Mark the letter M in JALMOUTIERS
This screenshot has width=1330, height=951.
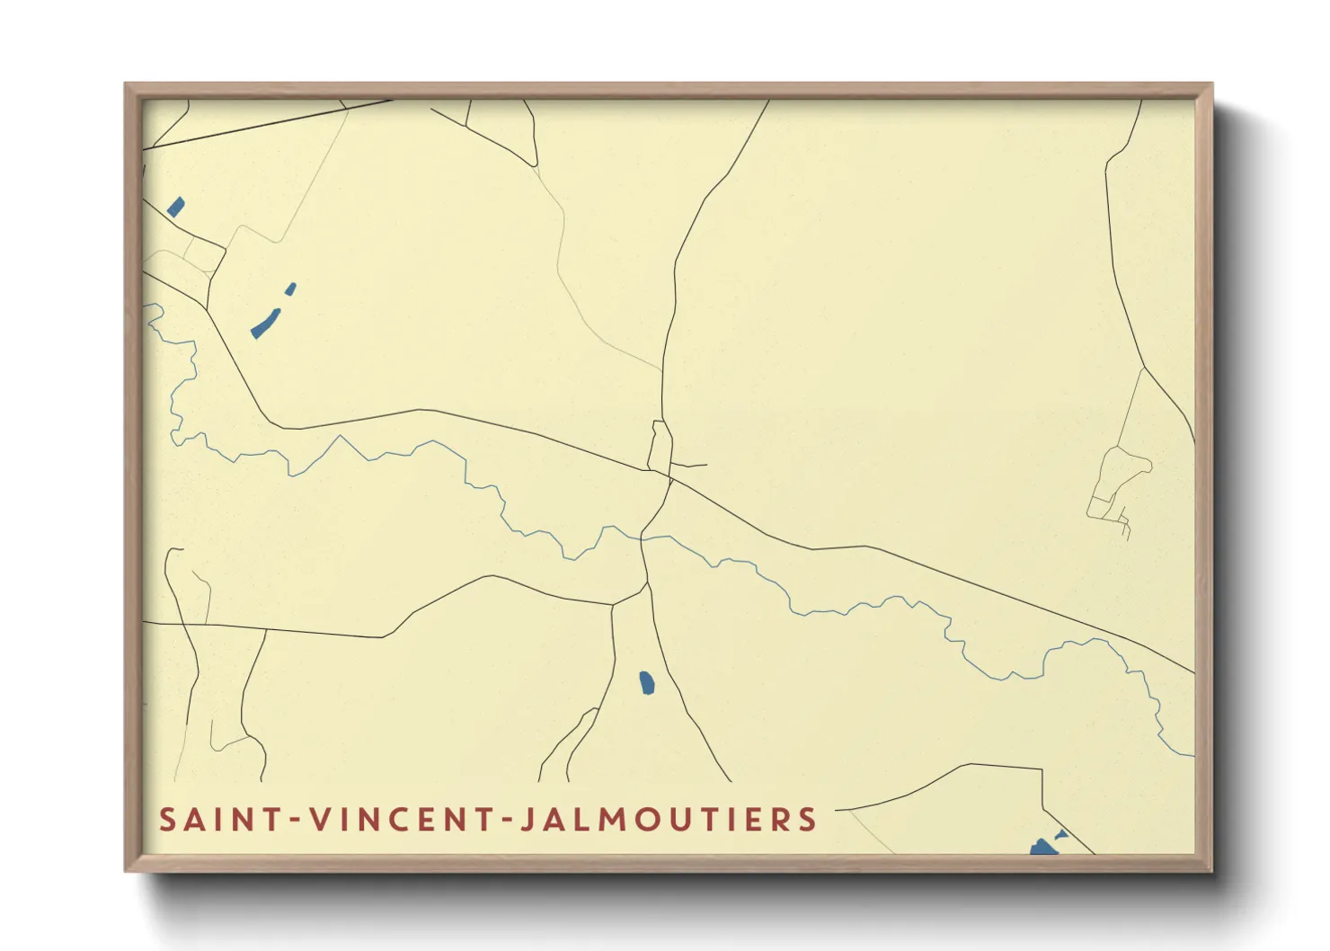(x=617, y=820)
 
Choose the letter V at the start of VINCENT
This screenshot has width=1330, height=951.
(x=317, y=820)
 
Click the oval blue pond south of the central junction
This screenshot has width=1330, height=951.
(x=646, y=683)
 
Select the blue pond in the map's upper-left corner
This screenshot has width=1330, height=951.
(x=175, y=208)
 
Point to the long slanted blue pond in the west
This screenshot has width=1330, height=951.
(x=265, y=324)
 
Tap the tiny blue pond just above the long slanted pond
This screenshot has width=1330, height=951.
(x=290, y=289)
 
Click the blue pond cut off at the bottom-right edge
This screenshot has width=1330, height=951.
(x=1043, y=847)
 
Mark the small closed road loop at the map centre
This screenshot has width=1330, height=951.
(x=661, y=447)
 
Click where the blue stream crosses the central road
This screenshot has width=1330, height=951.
(x=642, y=538)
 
